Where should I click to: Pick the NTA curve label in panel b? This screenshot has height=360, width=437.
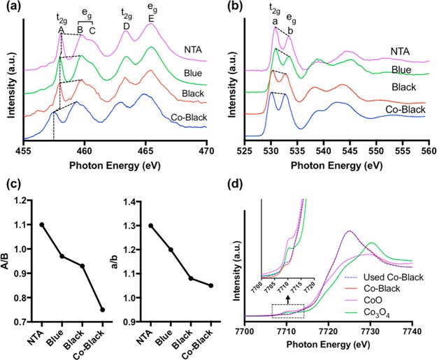[x=401, y=50]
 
